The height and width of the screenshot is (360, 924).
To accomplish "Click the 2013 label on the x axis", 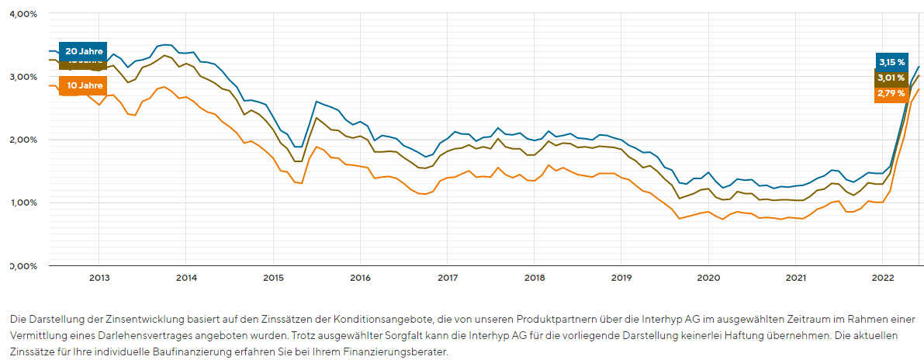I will click(99, 277).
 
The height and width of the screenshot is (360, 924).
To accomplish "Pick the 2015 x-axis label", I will click(273, 277).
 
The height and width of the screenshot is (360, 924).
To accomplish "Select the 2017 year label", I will click(447, 277).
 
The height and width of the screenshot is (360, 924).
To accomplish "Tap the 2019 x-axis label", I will click(621, 277).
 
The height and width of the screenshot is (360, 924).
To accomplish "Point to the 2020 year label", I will click(708, 277).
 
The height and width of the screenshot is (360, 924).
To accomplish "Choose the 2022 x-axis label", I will click(883, 277).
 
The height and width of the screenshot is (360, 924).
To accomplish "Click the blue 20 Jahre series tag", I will click(83, 51).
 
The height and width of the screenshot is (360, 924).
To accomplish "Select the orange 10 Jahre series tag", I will click(83, 85).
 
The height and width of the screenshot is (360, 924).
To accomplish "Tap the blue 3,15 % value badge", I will click(891, 61).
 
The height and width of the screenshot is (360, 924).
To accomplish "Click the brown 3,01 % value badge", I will click(891, 78).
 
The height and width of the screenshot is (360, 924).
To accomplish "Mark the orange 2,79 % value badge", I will click(891, 93).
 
